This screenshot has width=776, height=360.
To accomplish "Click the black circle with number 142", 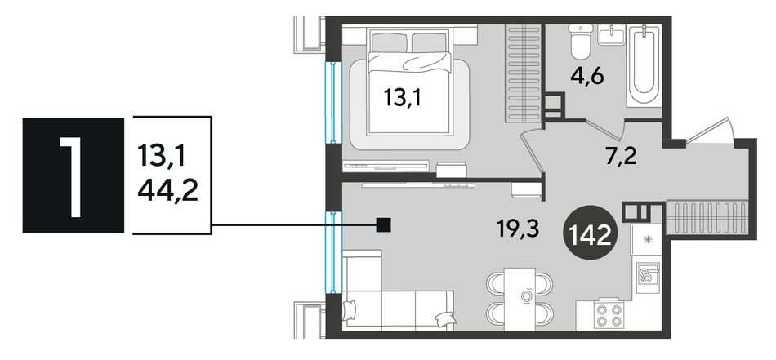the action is click(592, 236).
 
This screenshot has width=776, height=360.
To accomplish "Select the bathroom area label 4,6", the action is click(587, 77).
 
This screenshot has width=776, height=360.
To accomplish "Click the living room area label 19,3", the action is click(519, 229).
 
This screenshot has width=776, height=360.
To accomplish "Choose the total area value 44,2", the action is click(167, 190).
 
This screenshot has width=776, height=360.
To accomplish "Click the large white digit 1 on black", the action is click(71, 176).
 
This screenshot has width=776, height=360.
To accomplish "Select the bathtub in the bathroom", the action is click(644, 65).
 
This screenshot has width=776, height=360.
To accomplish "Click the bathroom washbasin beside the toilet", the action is click(611, 34).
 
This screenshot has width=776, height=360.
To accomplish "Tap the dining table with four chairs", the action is click(520, 299).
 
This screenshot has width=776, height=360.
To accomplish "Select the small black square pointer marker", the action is click(384, 225).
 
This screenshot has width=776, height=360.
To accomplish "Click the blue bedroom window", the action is click(333, 102).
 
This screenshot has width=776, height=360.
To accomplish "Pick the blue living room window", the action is click(333, 252).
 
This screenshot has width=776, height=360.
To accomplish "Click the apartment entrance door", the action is click(710, 131).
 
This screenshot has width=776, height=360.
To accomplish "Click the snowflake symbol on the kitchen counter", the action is click(647, 240).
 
